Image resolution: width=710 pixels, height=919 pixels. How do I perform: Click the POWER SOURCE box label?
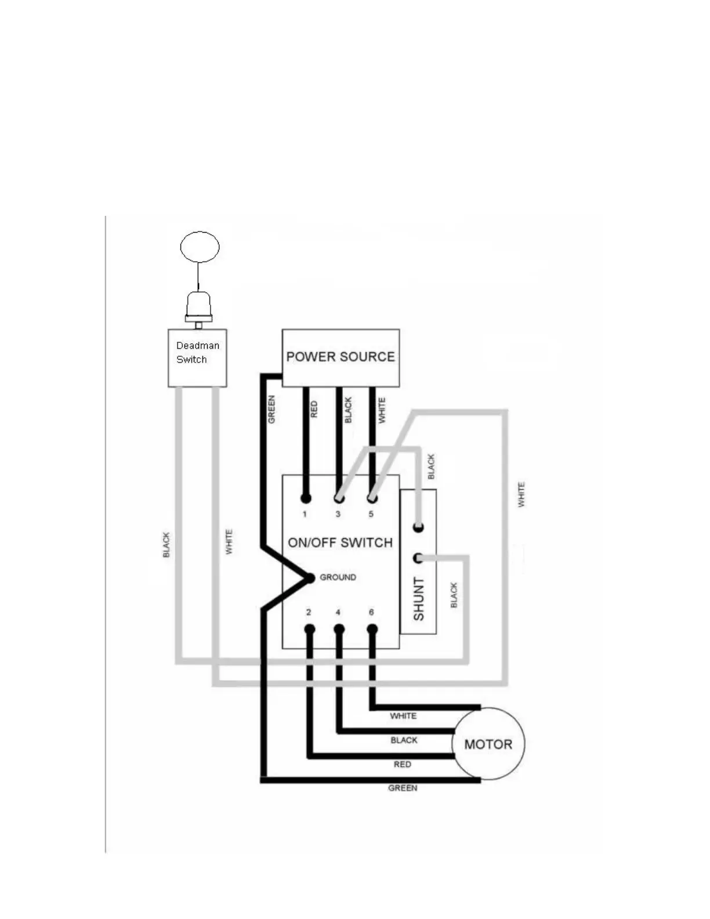click(340, 357)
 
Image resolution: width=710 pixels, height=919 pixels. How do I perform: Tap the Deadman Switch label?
click(197, 352)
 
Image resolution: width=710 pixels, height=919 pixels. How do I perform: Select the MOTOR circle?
click(488, 744)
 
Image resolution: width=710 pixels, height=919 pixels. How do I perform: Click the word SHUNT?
click(418, 599)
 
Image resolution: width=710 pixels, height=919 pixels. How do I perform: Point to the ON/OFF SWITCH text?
click(340, 542)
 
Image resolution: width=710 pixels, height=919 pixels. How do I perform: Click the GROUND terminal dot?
click(310, 577)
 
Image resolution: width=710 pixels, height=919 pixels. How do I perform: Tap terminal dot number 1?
click(306, 498)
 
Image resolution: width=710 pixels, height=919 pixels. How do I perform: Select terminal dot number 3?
click(339, 498)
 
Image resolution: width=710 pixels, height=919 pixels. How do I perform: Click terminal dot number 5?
click(372, 498)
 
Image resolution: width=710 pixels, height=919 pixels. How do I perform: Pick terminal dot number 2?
click(310, 629)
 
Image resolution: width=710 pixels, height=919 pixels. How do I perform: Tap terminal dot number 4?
click(339, 629)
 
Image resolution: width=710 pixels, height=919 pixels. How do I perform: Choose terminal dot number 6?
click(372, 629)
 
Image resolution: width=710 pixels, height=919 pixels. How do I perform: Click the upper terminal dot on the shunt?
click(418, 527)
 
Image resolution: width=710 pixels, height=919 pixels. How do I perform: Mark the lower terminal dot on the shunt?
click(418, 558)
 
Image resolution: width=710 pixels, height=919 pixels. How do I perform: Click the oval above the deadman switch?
click(200, 247)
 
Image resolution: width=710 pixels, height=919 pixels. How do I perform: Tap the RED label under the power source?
click(314, 409)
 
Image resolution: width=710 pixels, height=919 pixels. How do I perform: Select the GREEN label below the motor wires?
click(403, 788)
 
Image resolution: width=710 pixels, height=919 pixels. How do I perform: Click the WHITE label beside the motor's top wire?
click(403, 716)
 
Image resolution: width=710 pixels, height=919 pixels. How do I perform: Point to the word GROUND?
click(338, 577)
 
